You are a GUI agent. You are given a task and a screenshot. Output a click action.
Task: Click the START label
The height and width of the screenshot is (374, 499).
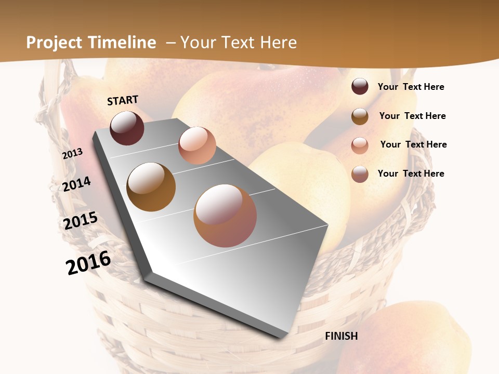[123, 100]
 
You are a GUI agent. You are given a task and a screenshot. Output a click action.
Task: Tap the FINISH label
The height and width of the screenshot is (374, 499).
[342, 336]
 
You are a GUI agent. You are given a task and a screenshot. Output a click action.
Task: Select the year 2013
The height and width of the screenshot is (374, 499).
[72, 154]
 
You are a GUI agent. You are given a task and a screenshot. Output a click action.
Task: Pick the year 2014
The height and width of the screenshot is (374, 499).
[77, 184]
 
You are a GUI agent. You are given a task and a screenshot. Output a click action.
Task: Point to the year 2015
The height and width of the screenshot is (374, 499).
[81, 221]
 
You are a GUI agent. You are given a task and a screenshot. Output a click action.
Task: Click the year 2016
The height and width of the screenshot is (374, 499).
[88, 263]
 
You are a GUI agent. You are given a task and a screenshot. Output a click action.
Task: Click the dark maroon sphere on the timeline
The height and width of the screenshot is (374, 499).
[127, 128]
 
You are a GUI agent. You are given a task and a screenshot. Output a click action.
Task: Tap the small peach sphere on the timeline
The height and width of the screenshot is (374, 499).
[197, 145]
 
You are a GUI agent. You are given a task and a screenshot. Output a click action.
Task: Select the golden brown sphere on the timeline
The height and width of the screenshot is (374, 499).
[151, 186]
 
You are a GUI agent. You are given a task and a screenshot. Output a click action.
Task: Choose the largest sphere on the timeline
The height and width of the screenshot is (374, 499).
[225, 216]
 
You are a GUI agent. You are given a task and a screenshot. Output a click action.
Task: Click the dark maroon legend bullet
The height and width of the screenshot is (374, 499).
[360, 86]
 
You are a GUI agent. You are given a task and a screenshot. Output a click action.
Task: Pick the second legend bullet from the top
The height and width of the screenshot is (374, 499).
[360, 116]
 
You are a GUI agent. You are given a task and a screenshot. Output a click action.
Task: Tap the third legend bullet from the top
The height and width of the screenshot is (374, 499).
[360, 145]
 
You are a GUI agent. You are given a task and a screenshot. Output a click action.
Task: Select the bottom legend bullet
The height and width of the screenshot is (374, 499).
[360, 174]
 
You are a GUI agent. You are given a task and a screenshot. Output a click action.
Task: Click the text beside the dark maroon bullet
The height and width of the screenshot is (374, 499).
[411, 87]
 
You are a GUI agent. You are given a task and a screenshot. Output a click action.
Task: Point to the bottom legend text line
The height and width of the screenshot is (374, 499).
[411, 173]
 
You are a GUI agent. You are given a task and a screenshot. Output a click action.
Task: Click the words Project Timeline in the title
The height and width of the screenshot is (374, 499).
[91, 43]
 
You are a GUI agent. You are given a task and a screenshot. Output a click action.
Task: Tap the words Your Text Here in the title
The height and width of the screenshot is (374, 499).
[238, 43]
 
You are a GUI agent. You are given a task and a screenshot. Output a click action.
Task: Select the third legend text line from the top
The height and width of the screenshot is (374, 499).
[413, 144]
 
